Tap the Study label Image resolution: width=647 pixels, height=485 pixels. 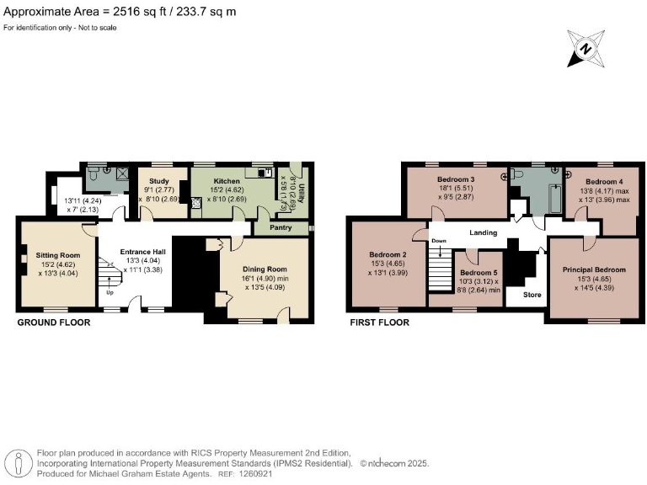click(x=159, y=181)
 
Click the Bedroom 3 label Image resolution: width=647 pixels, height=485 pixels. click(x=456, y=180)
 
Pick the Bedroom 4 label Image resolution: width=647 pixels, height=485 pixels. click(x=604, y=182)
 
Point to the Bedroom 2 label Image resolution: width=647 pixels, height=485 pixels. click(x=388, y=255)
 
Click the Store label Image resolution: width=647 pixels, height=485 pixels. click(x=532, y=295)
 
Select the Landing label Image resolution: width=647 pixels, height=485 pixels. click(x=484, y=232)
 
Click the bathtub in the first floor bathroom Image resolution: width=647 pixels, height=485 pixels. click(x=553, y=195)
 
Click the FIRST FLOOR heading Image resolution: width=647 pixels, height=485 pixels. click(x=379, y=322)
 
